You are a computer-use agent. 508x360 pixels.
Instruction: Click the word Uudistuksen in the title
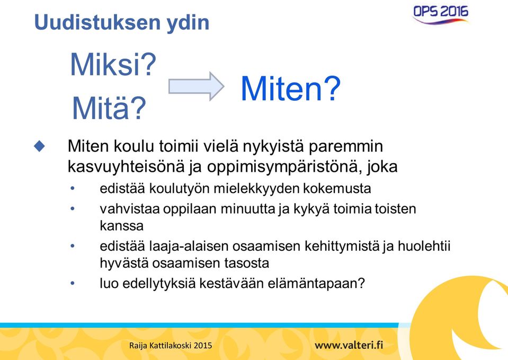(97, 22)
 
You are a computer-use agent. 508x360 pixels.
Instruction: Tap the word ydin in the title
(188, 23)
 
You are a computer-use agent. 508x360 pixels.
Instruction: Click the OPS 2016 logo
(441, 15)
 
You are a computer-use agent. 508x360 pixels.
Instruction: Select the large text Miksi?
(113, 64)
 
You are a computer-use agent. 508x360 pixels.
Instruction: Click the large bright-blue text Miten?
(291, 88)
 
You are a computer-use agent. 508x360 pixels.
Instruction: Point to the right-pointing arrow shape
(196, 86)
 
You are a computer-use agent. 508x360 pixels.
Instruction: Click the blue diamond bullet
(40, 146)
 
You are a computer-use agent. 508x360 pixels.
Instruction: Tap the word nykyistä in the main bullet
(273, 147)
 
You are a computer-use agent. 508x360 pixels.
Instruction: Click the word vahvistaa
(130, 209)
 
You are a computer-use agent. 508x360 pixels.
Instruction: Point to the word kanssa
(121, 226)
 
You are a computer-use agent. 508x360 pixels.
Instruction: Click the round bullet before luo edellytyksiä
(73, 284)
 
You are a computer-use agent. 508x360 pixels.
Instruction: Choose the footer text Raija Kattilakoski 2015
(171, 345)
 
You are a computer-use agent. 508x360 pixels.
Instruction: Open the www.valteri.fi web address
(349, 345)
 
